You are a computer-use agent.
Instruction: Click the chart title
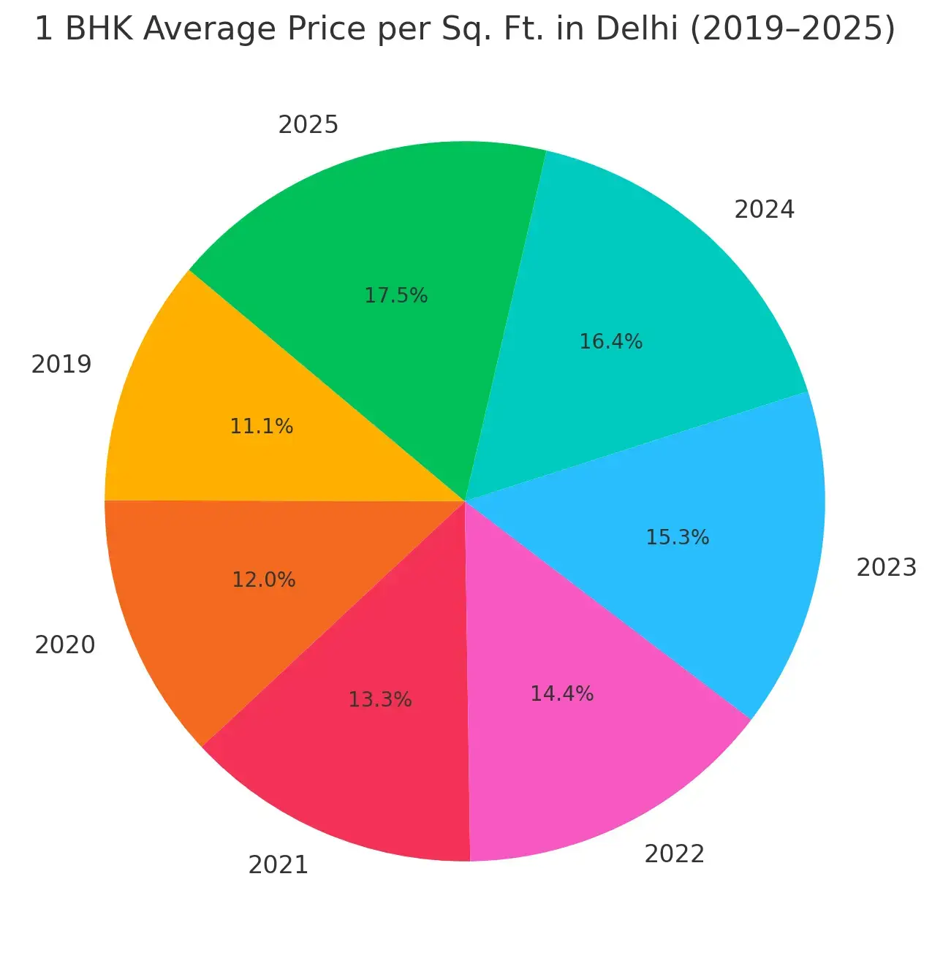click(x=465, y=29)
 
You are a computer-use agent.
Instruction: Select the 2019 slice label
click(x=61, y=364)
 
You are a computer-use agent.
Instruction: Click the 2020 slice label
click(x=65, y=644)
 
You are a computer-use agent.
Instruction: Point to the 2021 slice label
click(x=278, y=865)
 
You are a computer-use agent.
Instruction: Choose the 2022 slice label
click(x=674, y=853)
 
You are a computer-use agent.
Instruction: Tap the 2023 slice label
click(x=886, y=567)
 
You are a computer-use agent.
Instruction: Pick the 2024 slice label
click(x=764, y=210)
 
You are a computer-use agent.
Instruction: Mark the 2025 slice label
click(x=308, y=125)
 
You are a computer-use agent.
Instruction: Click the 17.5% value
click(x=395, y=295)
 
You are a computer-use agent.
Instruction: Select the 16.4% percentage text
click(x=610, y=341)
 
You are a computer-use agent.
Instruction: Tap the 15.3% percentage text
click(x=677, y=538)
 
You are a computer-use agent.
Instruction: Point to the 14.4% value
click(x=561, y=693)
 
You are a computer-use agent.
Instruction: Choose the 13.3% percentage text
click(x=379, y=699)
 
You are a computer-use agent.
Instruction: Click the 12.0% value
click(x=263, y=579)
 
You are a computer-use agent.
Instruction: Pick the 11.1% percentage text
click(x=261, y=426)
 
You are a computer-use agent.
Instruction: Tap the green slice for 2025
click(x=365, y=219)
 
